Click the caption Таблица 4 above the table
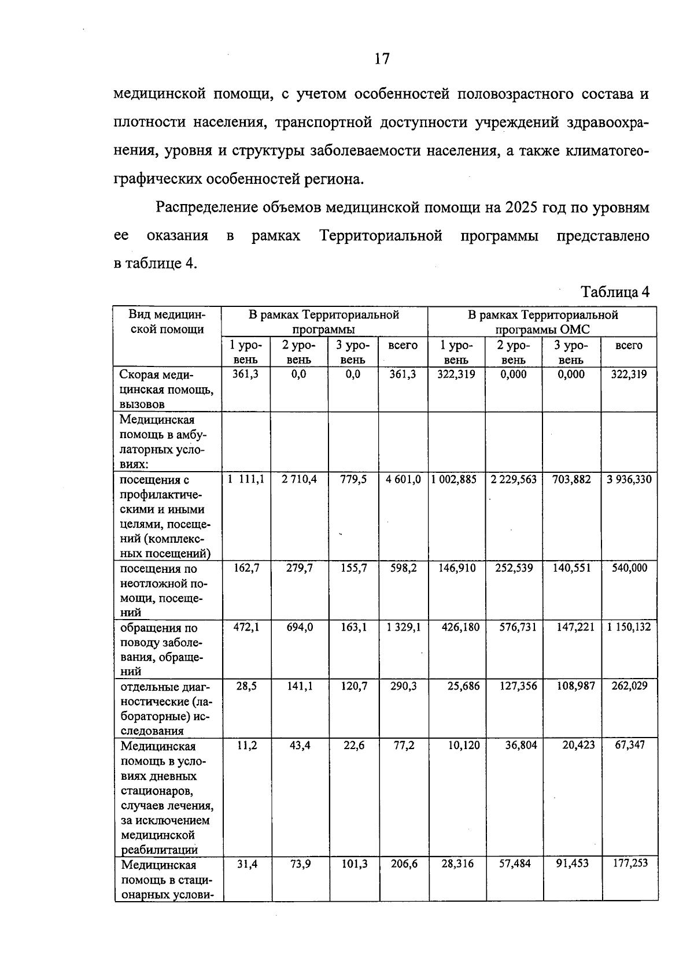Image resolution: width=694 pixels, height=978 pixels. point(615,292)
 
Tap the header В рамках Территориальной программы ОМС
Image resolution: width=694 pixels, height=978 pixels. point(542,322)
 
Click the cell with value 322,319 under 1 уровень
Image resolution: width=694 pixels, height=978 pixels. point(457,375)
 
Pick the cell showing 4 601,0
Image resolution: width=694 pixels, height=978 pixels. point(403,480)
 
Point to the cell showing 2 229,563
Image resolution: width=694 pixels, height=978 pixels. point(514,480)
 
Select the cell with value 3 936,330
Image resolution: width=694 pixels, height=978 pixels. point(629,480)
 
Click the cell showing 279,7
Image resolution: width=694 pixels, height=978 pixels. point(300,568)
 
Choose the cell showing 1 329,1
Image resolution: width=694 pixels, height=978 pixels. point(403,627)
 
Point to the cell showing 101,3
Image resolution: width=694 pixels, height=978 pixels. point(354,864)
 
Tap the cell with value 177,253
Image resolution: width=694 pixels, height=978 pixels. point(629,864)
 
